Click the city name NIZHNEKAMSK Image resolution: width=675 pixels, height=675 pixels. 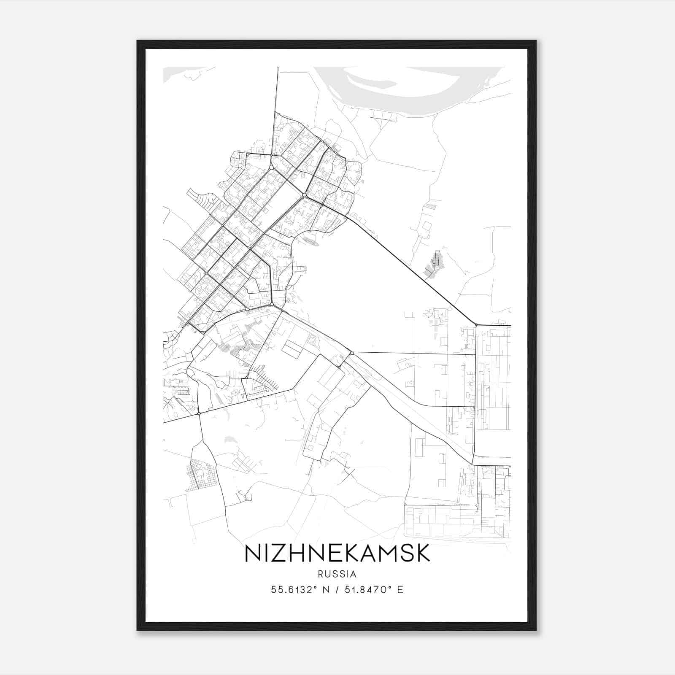(x=337, y=553)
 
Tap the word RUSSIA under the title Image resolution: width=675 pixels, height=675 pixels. (x=337, y=574)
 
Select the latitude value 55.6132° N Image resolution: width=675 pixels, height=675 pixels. (x=300, y=589)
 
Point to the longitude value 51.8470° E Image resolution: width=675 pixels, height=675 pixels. (x=374, y=589)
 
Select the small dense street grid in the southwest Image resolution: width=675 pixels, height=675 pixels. (x=202, y=475)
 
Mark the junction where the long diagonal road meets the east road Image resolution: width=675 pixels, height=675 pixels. (x=476, y=325)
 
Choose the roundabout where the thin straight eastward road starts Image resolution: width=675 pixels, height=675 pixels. (x=351, y=352)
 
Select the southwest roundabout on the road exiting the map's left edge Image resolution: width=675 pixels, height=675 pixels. (x=199, y=413)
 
